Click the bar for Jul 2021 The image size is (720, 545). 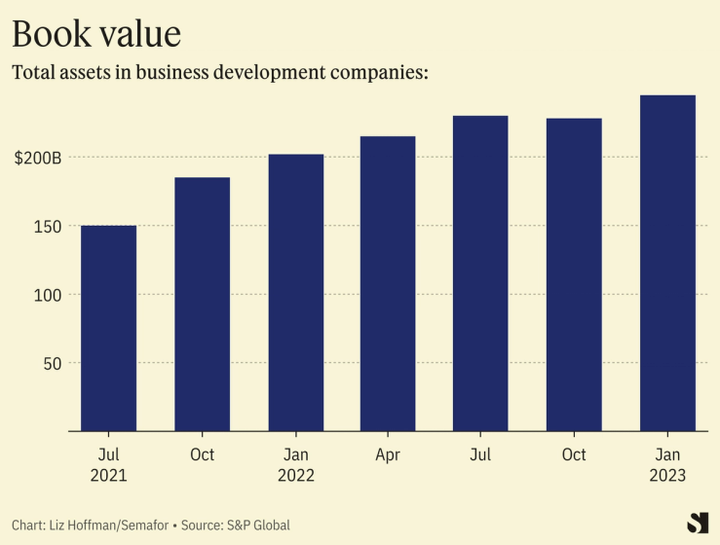(108, 328)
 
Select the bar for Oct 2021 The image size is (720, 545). (202, 304)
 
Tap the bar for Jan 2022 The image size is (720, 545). (295, 292)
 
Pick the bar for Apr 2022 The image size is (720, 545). (388, 283)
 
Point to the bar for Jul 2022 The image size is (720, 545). (480, 273)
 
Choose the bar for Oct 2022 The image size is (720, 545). (574, 274)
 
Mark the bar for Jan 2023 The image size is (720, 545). (667, 263)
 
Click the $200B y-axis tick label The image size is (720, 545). (38, 158)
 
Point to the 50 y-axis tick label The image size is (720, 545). (52, 363)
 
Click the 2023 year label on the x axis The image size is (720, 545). (667, 476)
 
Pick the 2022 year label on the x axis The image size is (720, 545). (295, 476)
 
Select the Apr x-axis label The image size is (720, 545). (388, 454)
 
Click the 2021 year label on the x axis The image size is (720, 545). (108, 476)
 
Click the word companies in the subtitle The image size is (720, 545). (361, 73)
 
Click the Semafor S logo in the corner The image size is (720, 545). (697, 522)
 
